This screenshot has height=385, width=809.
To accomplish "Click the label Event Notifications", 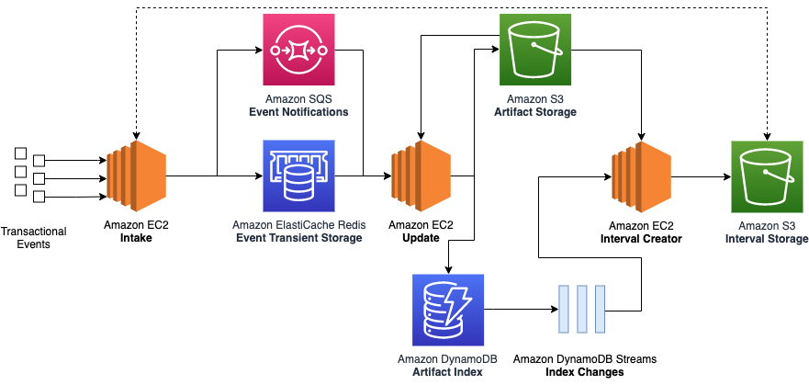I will (298, 112).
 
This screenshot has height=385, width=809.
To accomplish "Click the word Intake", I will (135, 238).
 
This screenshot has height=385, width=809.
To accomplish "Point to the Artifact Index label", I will (447, 372).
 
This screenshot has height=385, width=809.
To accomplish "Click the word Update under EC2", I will (420, 238).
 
